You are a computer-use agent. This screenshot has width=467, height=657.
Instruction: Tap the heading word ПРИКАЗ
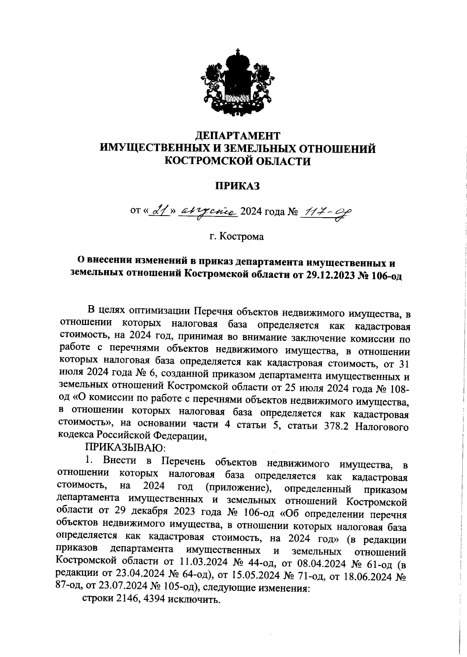[x=237, y=186]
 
